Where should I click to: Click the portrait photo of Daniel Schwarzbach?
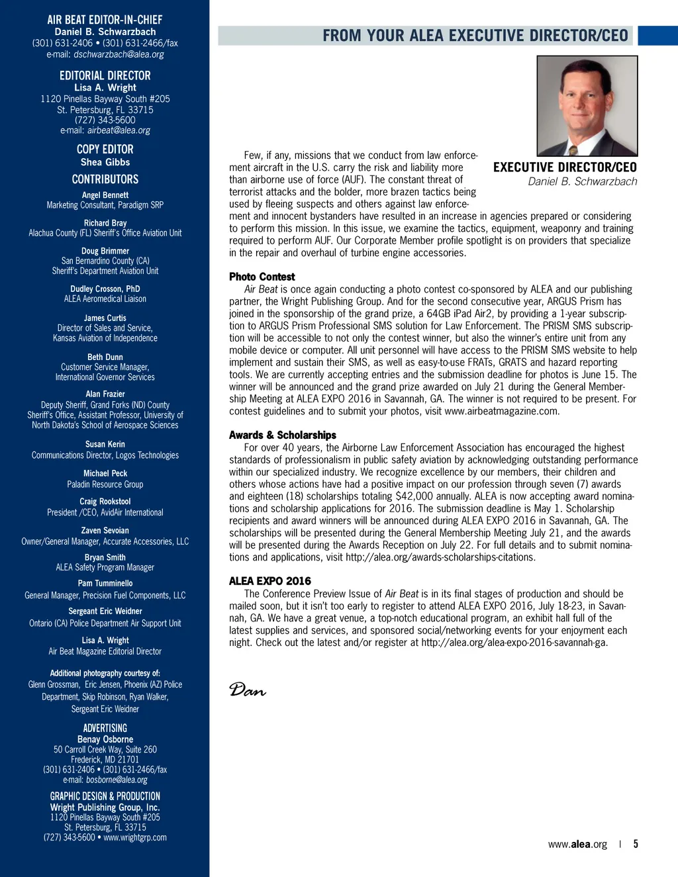[x=587, y=106]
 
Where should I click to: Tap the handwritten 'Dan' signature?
[x=248, y=690]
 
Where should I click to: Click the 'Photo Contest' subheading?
[x=262, y=277]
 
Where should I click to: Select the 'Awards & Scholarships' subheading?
[x=283, y=435]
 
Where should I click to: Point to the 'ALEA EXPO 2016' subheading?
[x=270, y=581]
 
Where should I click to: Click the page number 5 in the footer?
[x=636, y=844]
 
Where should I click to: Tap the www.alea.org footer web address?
[x=577, y=845]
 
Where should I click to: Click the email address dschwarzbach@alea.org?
[x=119, y=54]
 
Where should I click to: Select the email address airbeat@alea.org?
[x=119, y=130]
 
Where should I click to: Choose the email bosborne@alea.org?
[x=117, y=780]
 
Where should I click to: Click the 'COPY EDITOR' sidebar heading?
[x=105, y=150]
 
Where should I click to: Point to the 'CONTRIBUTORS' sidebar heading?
[x=105, y=179]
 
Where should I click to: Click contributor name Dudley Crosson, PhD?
[x=105, y=289]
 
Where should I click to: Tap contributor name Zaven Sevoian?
[x=105, y=530]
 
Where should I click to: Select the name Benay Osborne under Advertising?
[x=105, y=739]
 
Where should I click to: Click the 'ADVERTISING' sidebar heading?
[x=105, y=728]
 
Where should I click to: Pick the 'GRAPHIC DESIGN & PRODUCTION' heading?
[x=105, y=796]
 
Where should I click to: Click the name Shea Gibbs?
[x=105, y=162]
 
